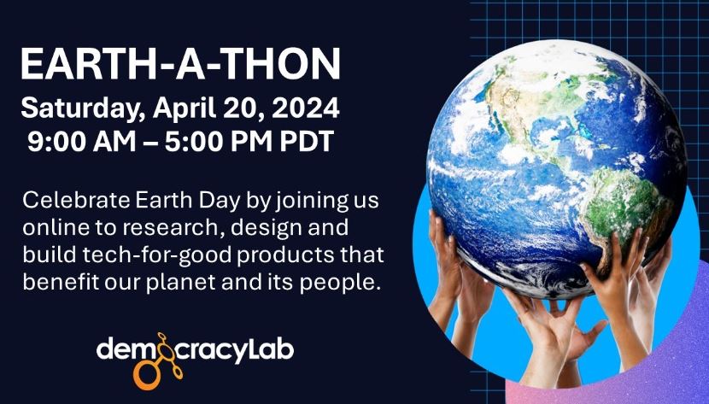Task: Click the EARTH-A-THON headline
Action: click(180, 65)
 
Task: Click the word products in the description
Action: click(276, 255)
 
